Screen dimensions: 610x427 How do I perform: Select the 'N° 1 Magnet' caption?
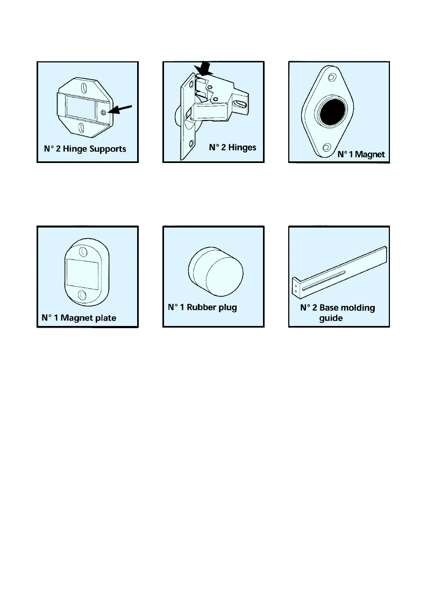tap(360, 154)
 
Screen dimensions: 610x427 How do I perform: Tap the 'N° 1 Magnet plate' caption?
tap(79, 318)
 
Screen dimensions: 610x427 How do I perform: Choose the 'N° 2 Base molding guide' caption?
tap(337, 313)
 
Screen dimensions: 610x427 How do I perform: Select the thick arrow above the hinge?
tap(204, 69)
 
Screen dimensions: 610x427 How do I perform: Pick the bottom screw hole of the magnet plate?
tap(83, 294)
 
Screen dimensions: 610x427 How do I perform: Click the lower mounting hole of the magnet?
tap(325, 147)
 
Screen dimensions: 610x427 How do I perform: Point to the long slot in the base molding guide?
tap(324, 282)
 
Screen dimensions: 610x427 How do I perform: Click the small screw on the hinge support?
tap(104, 112)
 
